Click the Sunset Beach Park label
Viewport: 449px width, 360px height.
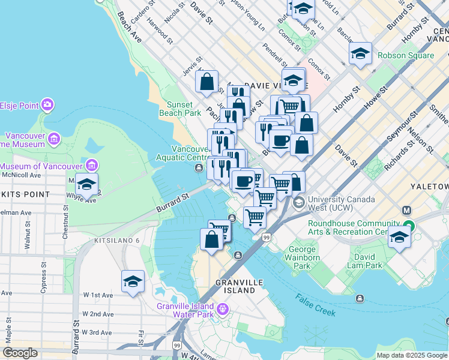click(180, 109)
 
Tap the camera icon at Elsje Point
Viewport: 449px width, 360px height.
click(47, 106)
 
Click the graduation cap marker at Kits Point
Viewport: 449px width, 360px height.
click(87, 185)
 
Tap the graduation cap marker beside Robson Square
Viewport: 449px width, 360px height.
click(360, 55)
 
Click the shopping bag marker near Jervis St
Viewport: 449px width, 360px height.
click(206, 82)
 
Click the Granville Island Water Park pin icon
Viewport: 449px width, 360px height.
click(223, 310)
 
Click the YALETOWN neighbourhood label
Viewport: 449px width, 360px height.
click(429, 187)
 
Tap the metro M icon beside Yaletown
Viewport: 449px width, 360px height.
click(406, 211)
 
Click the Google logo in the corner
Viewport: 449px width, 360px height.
click(20, 353)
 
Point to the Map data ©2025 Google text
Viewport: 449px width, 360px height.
click(411, 355)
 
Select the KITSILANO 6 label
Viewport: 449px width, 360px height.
click(116, 240)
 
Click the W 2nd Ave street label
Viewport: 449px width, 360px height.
click(98, 314)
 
